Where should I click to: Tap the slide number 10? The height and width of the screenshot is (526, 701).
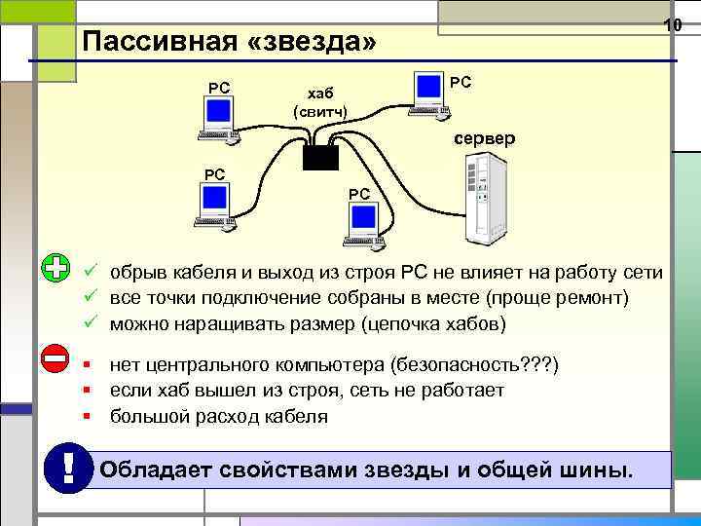point(672,23)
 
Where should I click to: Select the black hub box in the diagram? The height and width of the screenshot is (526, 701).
point(318,157)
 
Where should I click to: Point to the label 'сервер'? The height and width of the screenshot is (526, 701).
point(484,139)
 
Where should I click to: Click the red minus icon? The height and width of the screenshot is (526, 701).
point(56,357)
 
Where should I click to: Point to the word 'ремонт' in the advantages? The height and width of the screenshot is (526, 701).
point(595,296)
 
